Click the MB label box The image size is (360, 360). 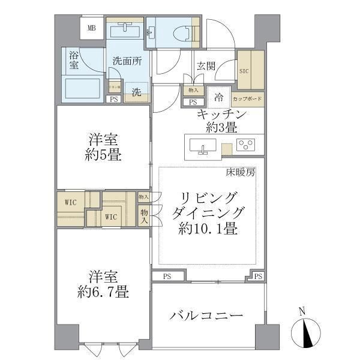[x=92, y=28]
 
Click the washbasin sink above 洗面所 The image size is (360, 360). [x=125, y=29]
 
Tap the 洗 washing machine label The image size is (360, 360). [x=137, y=92]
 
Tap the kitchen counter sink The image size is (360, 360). [x=202, y=146]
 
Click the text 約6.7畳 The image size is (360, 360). [x=103, y=292]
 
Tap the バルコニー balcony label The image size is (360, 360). [x=206, y=316]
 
